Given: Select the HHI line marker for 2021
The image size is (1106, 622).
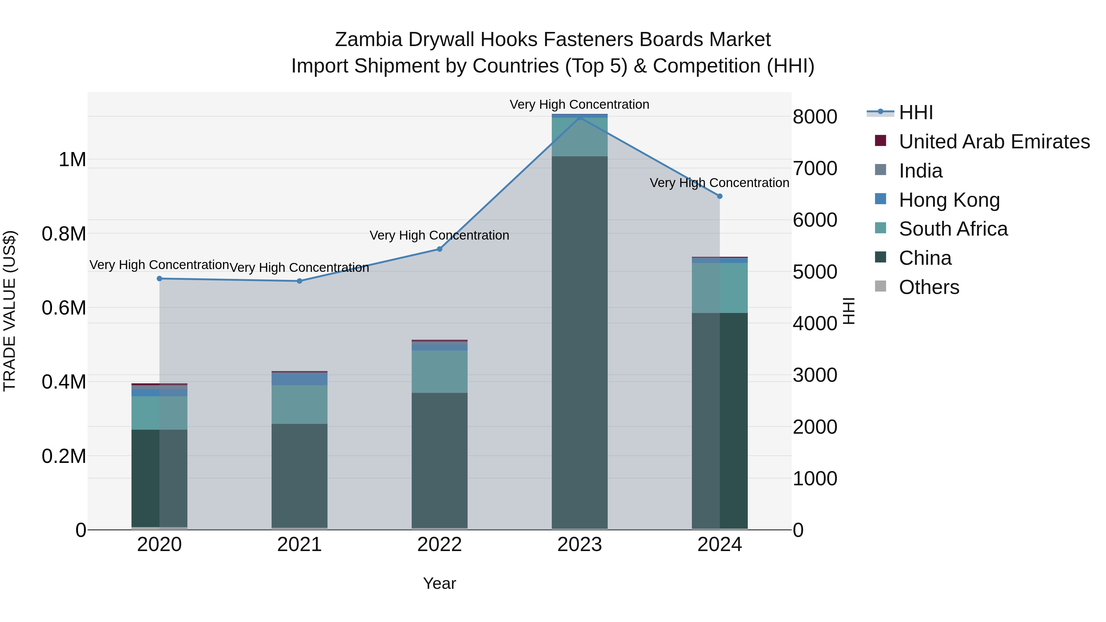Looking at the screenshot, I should click(x=300, y=281).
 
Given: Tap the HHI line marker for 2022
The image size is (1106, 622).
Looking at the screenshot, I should click(x=440, y=249).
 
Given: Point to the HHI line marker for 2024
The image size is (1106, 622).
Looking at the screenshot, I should click(x=720, y=196).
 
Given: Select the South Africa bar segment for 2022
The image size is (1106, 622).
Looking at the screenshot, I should click(x=440, y=371).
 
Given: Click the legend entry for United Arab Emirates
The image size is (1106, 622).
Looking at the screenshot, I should click(x=994, y=142).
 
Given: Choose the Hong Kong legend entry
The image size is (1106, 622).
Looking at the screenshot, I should click(x=949, y=200).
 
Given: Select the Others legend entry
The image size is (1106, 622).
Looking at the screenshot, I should click(x=929, y=287).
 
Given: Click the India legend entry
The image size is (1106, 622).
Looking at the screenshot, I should click(x=920, y=171).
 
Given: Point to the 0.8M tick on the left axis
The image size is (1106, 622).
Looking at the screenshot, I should click(x=64, y=234).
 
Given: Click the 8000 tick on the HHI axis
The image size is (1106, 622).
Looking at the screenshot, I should click(x=815, y=117).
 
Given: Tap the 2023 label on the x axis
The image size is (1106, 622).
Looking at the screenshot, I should click(x=580, y=545).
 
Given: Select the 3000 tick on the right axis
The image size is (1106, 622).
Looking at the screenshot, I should click(x=815, y=375).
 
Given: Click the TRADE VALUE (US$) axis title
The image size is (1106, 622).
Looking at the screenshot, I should click(x=10, y=311).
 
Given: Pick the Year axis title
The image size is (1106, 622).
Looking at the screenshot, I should click(x=440, y=583).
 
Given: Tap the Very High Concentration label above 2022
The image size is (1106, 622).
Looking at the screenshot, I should click(x=439, y=235).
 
